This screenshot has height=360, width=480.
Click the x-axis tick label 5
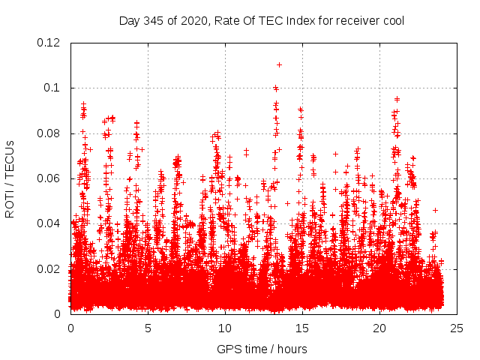148,328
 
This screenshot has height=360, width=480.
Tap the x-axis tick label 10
225,328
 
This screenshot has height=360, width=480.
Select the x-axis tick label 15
302,328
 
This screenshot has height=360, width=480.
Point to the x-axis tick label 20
379,328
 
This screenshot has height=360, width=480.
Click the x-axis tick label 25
457,328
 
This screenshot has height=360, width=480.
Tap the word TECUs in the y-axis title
10,156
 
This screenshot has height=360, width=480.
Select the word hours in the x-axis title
292,349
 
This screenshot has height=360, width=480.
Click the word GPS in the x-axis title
228,349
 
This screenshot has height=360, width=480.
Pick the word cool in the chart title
392,20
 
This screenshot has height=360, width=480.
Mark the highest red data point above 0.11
279,64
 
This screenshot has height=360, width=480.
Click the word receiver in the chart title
355,20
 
